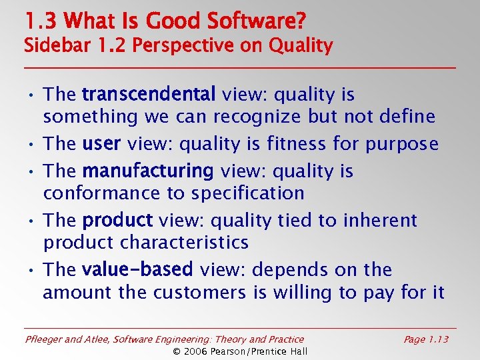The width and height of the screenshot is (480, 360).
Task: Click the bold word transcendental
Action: tap(149, 95)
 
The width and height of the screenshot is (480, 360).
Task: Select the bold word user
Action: tap(101, 144)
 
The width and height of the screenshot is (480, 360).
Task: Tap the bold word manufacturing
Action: tap(147, 171)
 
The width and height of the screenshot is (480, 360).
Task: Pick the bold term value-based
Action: tap(137, 270)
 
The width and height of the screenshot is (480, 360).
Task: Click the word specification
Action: tap(248, 193)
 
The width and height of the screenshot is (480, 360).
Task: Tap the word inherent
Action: tap(380, 221)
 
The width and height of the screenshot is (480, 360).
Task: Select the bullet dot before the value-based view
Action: tap(32, 271)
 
